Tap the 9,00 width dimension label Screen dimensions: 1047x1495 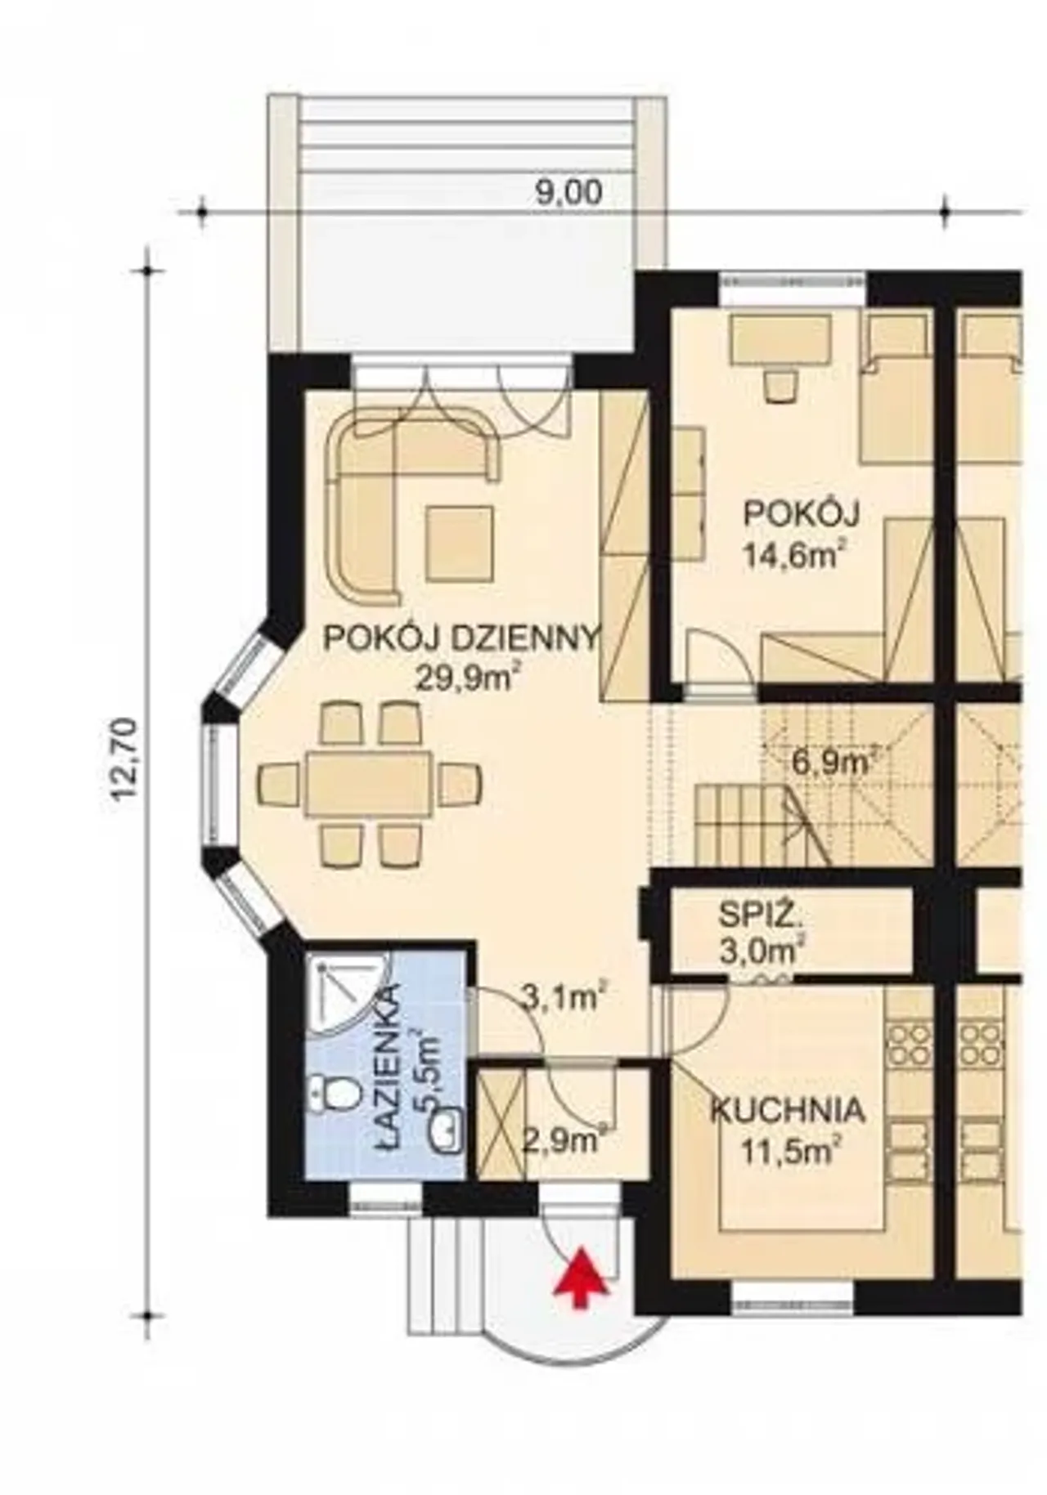coord(568,193)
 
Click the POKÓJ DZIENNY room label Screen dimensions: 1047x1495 coord(463,638)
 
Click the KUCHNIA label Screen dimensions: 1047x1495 coord(787,1111)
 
